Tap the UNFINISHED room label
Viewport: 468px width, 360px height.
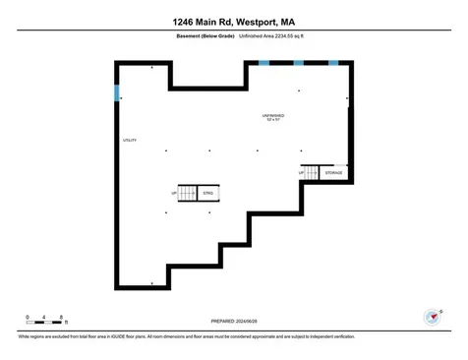click(273, 114)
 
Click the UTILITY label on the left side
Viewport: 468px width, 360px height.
click(129, 142)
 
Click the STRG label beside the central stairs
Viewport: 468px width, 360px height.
click(208, 193)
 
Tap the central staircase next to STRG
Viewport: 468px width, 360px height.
click(189, 193)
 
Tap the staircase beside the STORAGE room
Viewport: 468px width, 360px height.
click(313, 173)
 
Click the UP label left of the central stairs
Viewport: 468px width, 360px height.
click(174, 193)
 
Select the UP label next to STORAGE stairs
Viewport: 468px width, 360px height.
click(301, 173)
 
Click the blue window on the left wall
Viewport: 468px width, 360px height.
click(118, 93)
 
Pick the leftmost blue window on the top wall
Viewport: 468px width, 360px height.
click(263, 63)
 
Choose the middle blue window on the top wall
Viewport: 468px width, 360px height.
click(298, 63)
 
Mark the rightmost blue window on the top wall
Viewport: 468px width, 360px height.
click(332, 63)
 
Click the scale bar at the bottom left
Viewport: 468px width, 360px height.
click(45, 321)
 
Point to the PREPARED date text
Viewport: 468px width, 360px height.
click(234, 322)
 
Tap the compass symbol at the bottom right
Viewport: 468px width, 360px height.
click(430, 317)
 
